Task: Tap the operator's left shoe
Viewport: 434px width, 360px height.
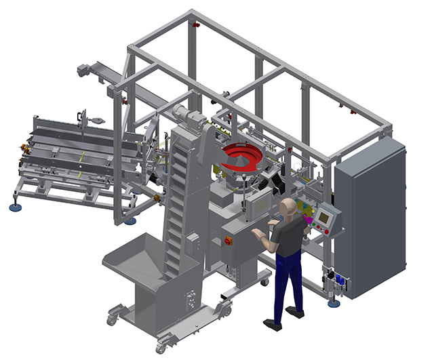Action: [272, 325]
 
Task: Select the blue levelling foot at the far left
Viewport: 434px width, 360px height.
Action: [14, 207]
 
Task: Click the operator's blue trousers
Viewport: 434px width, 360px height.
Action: [284, 285]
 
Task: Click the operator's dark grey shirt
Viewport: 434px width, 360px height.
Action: [287, 237]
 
